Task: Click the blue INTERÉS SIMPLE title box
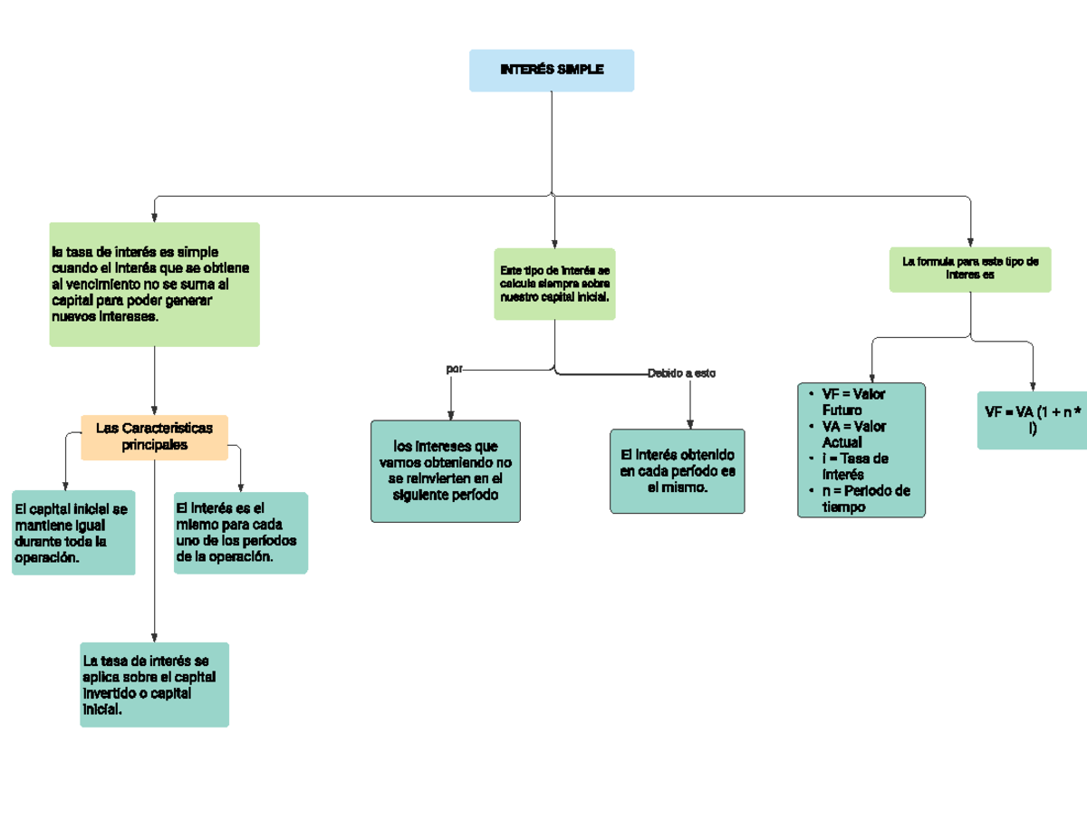point(551,71)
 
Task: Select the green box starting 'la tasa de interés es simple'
point(154,285)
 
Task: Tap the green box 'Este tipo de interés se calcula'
point(554,284)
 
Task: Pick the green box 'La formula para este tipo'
point(969,269)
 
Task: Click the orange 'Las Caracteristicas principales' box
point(154,438)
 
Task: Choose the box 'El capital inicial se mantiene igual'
point(73,534)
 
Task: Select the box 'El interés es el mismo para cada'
point(240,533)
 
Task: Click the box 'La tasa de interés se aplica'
point(154,684)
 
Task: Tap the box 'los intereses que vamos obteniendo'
point(446,471)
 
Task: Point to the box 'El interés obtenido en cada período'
point(678,471)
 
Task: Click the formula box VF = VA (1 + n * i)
point(1033,420)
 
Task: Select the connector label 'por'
point(455,370)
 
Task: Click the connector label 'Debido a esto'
point(681,373)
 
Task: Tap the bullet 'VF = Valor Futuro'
point(852,402)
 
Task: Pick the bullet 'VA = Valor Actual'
point(852,434)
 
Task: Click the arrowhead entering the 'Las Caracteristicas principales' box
point(155,409)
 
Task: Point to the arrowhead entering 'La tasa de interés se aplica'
point(155,636)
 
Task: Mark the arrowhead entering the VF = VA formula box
point(1033,385)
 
